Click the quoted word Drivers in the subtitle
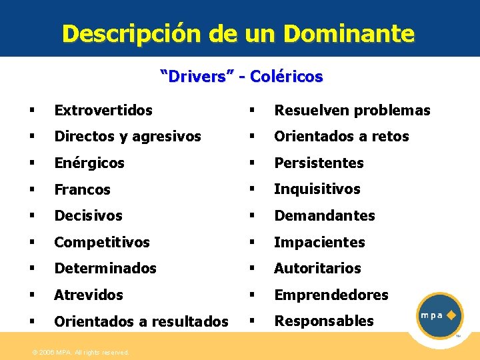(x=197, y=77)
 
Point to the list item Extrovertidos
(x=103, y=110)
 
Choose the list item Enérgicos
(x=89, y=163)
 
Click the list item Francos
(x=83, y=189)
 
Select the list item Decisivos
(x=89, y=215)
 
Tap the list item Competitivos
(x=102, y=242)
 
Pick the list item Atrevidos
(x=89, y=295)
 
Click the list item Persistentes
(x=319, y=163)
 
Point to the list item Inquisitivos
(x=317, y=189)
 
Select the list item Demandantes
(x=325, y=215)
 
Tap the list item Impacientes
(x=320, y=242)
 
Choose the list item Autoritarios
(x=318, y=268)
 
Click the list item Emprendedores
(x=331, y=295)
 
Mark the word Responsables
(x=325, y=321)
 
